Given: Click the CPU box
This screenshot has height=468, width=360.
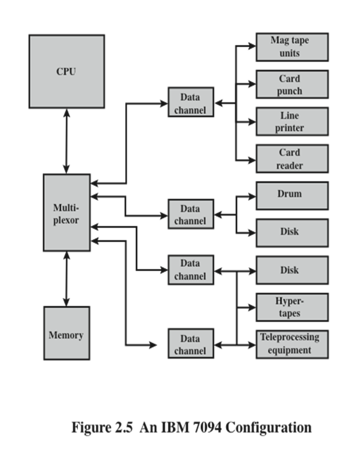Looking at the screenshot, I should [x=66, y=71].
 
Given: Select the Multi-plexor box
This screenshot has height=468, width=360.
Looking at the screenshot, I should [x=66, y=213].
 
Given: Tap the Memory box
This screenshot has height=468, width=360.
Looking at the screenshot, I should [x=66, y=333].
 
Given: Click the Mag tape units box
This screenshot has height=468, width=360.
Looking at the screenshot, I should [x=292, y=47].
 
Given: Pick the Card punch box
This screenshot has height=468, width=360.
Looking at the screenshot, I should [x=292, y=84].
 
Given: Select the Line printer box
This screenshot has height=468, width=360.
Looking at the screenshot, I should [x=292, y=121].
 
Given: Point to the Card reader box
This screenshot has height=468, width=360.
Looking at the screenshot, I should [x=292, y=158].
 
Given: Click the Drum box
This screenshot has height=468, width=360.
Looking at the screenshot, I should [x=292, y=195].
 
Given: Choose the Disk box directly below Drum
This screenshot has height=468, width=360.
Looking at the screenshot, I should [x=292, y=232].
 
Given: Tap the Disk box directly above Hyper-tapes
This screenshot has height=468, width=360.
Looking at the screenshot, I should [x=292, y=270].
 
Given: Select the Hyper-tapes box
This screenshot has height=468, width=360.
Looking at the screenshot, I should [x=292, y=307].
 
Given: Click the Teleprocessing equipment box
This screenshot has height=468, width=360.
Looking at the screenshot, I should [x=292, y=344].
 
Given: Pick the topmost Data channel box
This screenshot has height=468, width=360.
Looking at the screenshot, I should [x=190, y=102].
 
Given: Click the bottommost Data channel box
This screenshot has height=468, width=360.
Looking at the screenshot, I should [x=190, y=344].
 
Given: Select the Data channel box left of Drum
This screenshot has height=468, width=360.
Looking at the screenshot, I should [x=190, y=214].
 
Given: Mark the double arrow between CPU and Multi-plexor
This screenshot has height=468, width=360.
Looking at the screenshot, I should [x=66, y=141].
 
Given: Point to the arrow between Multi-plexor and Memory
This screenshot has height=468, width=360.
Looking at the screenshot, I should [x=66, y=279].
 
